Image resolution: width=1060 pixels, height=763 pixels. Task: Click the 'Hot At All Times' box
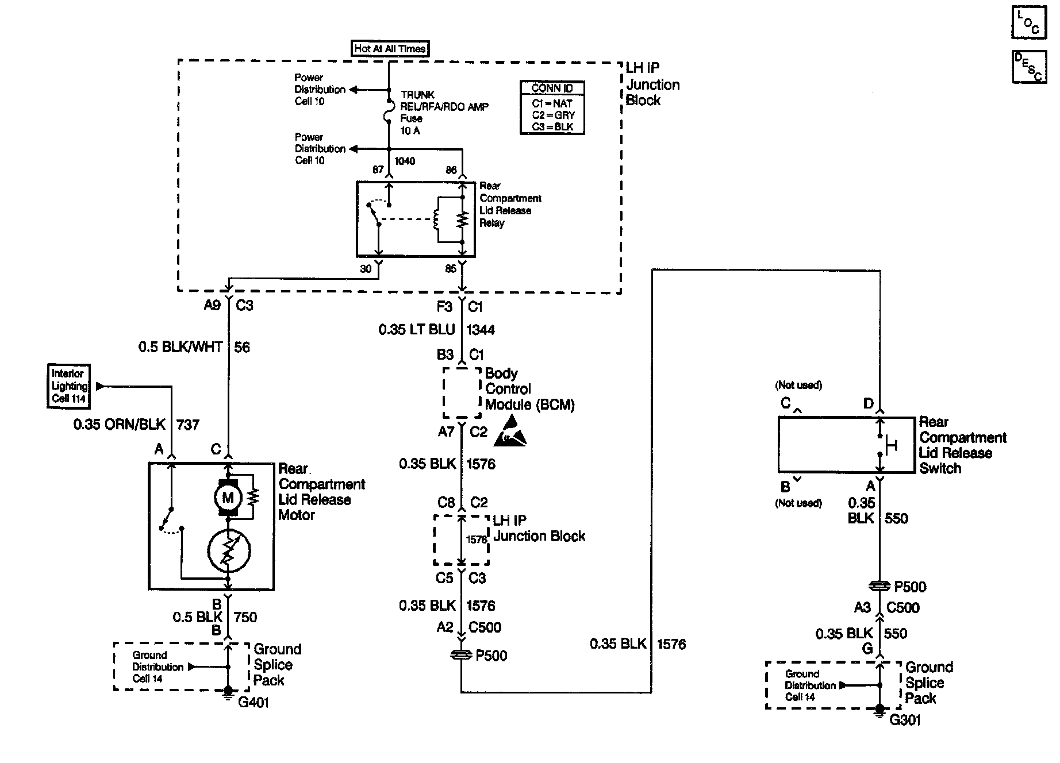click(390, 49)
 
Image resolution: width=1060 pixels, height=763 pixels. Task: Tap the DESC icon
click(1028, 67)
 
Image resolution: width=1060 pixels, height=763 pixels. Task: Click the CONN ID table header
click(552, 88)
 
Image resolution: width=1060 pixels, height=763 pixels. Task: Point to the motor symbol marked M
click(228, 498)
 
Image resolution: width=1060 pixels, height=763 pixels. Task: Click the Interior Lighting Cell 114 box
click(68, 386)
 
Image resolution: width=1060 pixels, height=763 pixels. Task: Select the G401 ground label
click(254, 703)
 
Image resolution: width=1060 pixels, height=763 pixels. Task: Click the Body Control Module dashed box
click(462, 392)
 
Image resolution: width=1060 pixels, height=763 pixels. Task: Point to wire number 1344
click(481, 330)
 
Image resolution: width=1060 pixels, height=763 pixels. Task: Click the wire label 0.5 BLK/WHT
click(180, 347)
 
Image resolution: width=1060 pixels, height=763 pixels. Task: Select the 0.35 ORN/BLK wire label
click(119, 425)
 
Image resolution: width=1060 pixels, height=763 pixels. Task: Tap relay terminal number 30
click(366, 269)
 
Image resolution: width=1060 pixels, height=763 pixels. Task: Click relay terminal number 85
click(451, 269)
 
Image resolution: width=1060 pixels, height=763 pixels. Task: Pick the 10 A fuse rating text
click(410, 131)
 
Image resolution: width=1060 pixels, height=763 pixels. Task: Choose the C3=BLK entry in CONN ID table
click(552, 127)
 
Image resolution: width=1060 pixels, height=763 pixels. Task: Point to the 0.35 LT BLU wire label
click(416, 330)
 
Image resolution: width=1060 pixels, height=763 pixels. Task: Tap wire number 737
click(188, 425)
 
